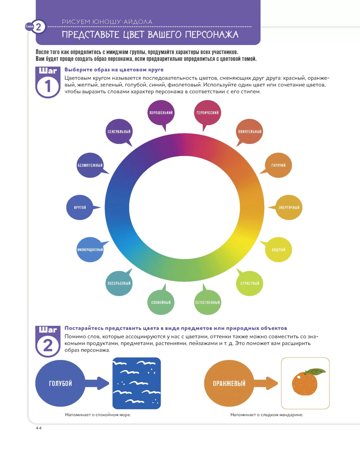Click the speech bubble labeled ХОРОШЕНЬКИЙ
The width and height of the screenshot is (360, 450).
161,112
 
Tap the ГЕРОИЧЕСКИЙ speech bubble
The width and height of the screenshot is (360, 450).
207,112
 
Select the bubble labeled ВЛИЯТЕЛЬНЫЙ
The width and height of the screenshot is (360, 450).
250,131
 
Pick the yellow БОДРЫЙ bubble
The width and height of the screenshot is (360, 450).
279,249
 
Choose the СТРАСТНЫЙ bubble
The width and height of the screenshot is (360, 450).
249,283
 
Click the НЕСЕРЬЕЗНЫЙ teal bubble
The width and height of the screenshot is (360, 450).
119,283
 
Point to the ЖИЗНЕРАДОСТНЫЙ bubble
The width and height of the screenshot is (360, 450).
90,249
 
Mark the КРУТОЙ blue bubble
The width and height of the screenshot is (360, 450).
80,207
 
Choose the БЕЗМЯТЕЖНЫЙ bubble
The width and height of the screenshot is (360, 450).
90,166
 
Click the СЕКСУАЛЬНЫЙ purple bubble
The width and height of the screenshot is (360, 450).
119,131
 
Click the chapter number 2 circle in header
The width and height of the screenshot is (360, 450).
38,27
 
